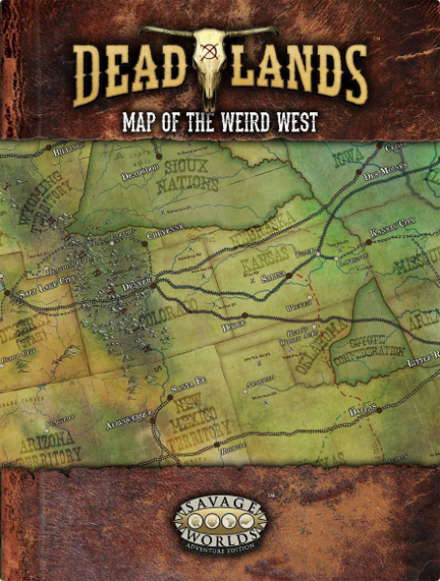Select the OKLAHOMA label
(313, 340)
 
